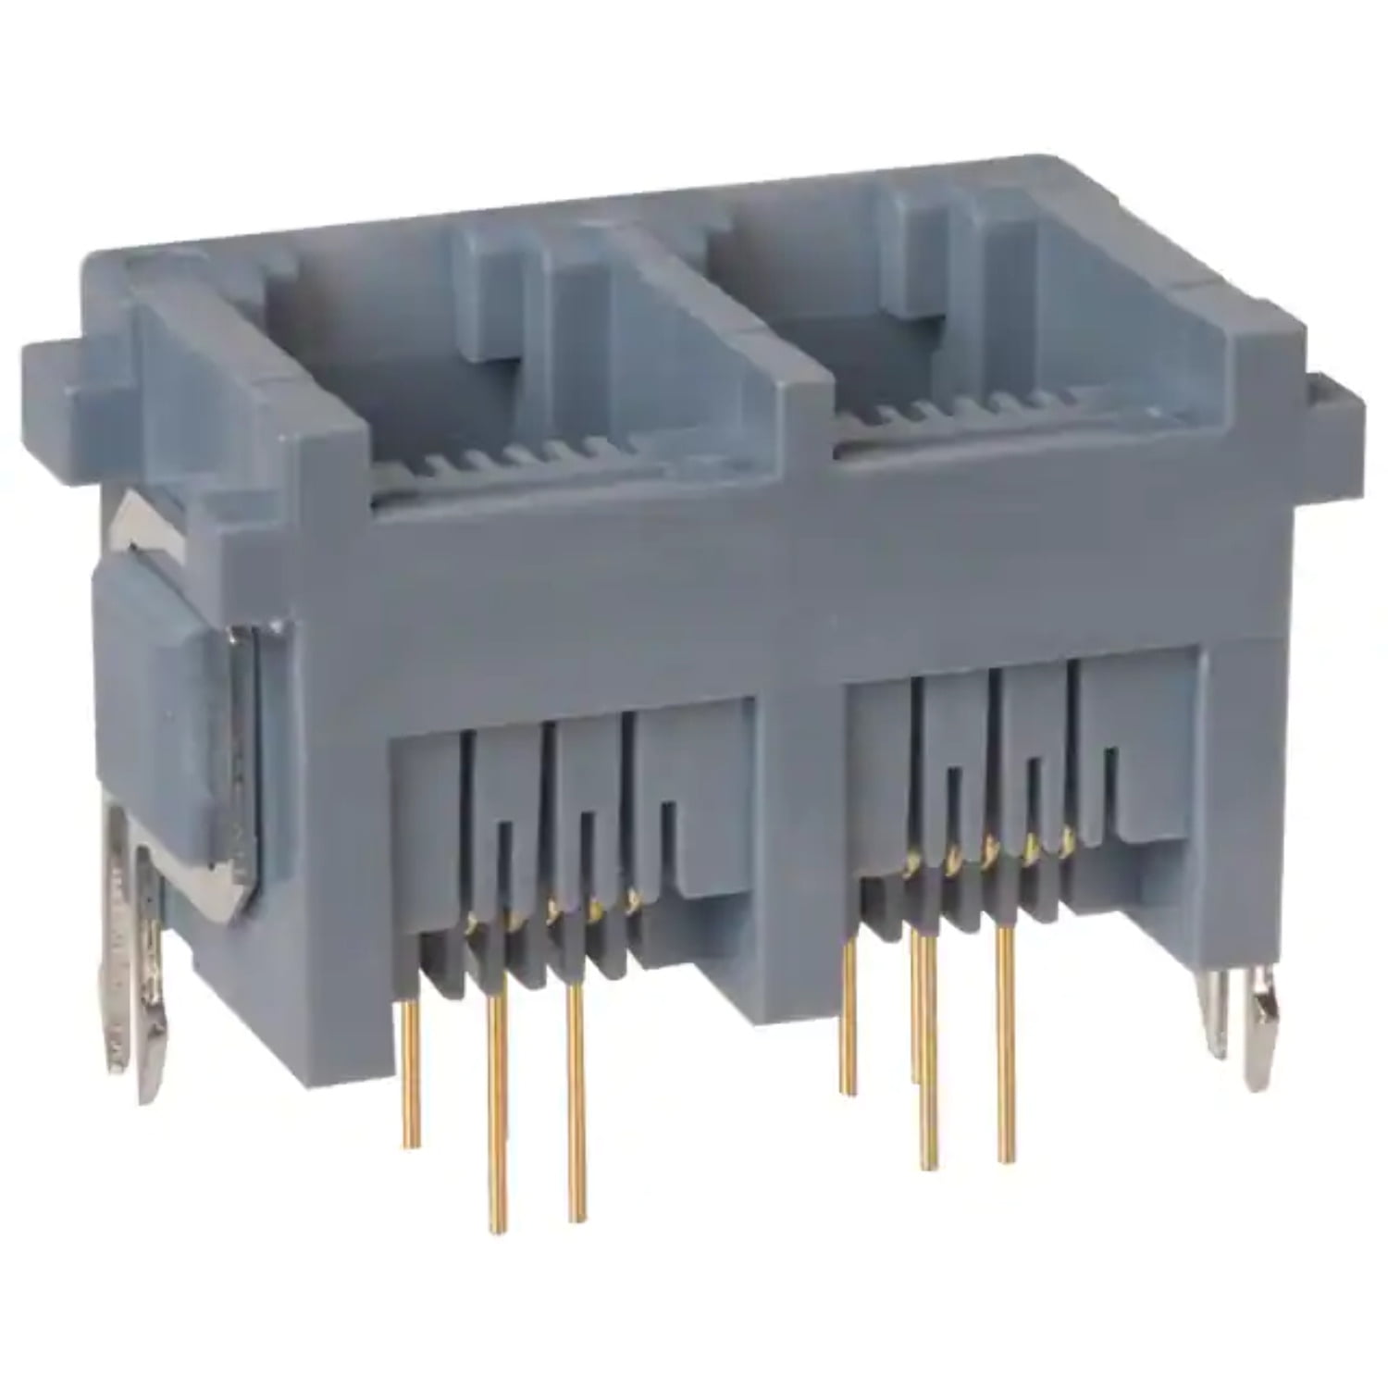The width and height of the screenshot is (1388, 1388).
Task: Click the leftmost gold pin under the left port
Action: [x=411, y=1073]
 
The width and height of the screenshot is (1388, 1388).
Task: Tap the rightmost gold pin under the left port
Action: [x=576, y=1101]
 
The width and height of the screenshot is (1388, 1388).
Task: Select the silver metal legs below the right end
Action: [x=1240, y=1027]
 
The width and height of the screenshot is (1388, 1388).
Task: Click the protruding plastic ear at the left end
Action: [x=69, y=370]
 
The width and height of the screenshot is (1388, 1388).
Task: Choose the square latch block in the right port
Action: [x=925, y=259]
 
